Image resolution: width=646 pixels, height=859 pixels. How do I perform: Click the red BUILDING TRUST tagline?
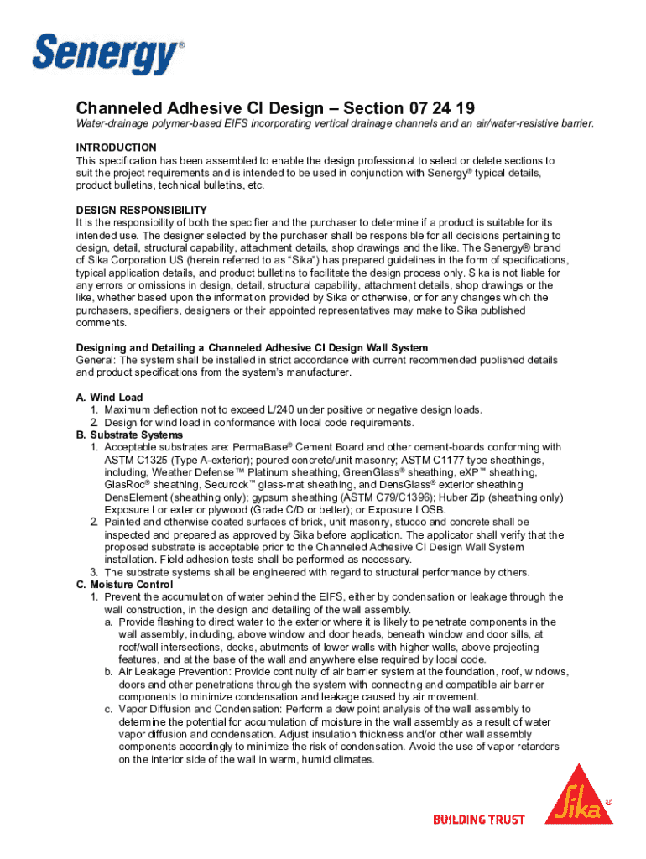(478, 820)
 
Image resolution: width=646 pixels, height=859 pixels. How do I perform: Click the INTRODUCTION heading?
(116, 148)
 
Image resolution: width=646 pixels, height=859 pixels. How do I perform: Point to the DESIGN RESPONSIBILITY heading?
(141, 210)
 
